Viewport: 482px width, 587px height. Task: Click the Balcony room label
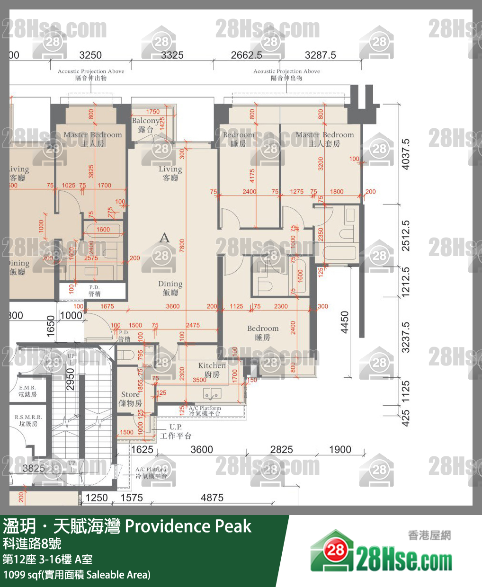[146, 125]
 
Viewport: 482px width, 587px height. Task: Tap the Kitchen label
[212, 369]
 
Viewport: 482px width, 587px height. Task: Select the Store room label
[130, 398]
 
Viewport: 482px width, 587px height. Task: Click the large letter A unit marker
[164, 237]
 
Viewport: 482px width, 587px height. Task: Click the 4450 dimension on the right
[345, 322]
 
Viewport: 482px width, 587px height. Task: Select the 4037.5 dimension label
[405, 154]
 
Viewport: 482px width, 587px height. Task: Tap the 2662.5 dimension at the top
[246, 55]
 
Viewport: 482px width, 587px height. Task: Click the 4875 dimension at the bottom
[212, 498]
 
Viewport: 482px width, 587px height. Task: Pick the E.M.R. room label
[27, 391]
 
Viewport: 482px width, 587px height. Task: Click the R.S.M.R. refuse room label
[28, 420]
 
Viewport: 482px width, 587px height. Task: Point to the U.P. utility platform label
[176, 431]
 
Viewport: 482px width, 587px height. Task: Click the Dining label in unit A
[170, 288]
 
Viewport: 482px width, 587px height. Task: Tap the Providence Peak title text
[188, 526]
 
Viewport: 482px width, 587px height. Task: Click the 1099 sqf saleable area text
[77, 575]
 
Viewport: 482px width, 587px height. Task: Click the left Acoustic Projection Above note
[91, 74]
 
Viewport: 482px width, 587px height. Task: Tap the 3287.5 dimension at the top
[321, 55]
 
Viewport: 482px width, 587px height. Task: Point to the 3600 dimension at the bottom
[202, 449]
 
